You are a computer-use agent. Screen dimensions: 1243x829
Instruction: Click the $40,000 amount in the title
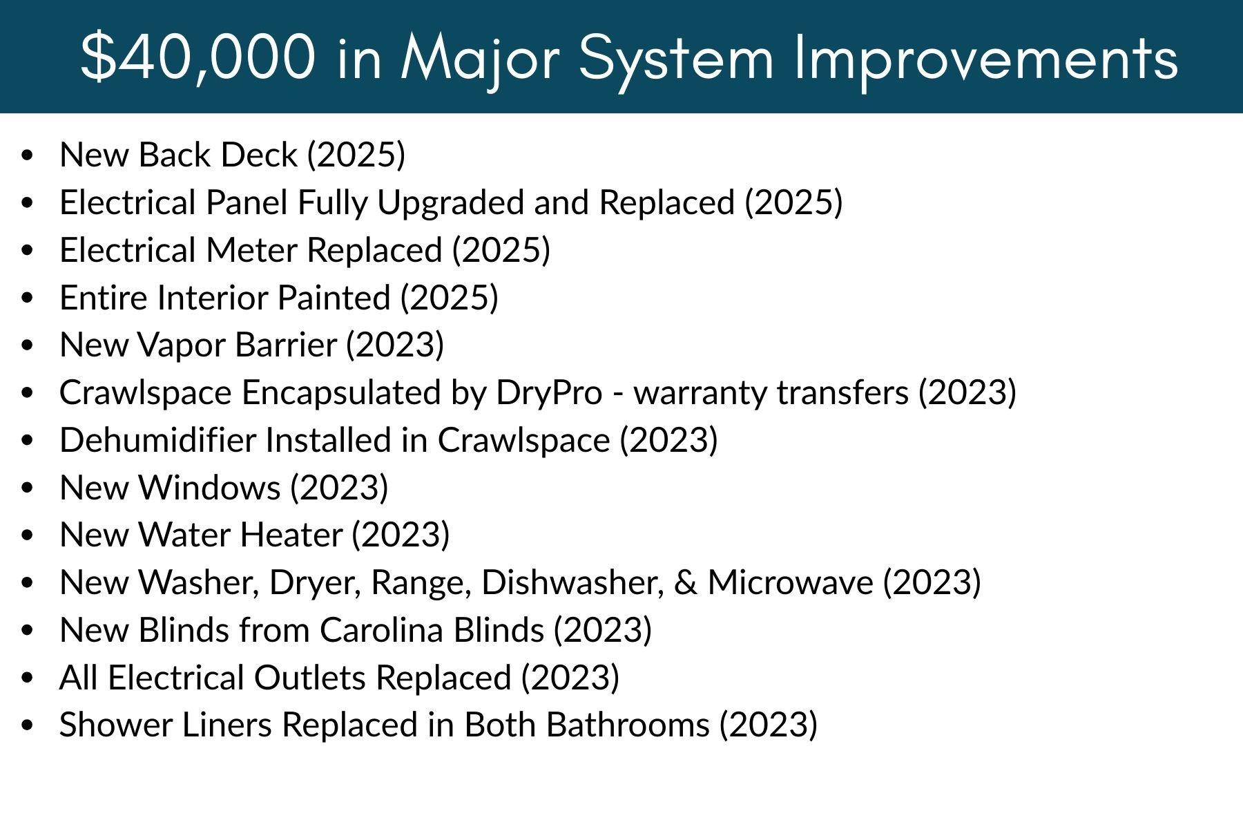point(198,57)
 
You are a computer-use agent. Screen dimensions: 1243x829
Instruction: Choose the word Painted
point(334,298)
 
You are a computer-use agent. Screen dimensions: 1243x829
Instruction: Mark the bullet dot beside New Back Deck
point(28,155)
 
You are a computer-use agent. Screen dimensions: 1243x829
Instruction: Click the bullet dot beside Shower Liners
point(28,726)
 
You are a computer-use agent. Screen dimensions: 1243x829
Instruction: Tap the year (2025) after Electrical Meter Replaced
point(501,250)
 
